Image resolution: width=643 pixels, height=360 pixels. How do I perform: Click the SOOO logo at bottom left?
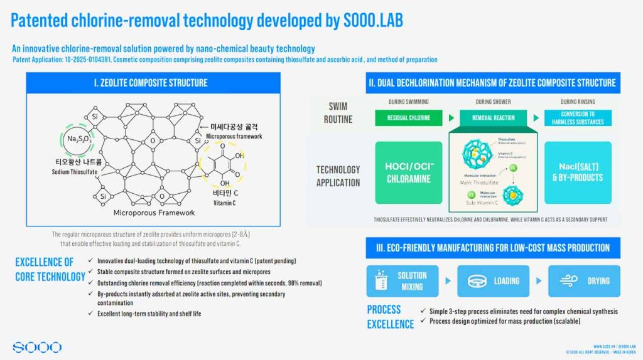coord(37,347)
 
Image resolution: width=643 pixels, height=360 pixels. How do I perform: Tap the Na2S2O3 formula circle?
coord(79,139)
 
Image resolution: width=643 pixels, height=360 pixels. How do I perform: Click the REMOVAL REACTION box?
coord(493,117)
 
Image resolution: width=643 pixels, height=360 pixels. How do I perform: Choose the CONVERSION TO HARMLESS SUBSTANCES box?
coord(578,117)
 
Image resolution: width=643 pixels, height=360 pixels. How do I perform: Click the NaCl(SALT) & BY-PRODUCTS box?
coord(578,172)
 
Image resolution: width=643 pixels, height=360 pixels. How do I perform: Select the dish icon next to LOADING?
coord(475,281)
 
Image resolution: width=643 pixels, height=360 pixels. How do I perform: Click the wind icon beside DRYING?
coord(565,281)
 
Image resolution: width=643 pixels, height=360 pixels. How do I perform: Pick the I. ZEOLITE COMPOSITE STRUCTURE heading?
coord(154,83)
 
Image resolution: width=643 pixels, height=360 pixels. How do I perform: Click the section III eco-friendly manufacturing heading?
coord(493,248)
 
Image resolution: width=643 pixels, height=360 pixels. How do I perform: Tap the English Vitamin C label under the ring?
coord(225,203)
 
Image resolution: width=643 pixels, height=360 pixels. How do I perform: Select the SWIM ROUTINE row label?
coord(337,112)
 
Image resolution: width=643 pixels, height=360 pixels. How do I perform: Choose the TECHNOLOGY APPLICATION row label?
coord(338,176)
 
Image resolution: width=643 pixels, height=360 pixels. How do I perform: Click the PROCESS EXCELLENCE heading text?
coord(390,317)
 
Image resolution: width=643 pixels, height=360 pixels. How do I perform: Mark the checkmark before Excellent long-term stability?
coord(92,314)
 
